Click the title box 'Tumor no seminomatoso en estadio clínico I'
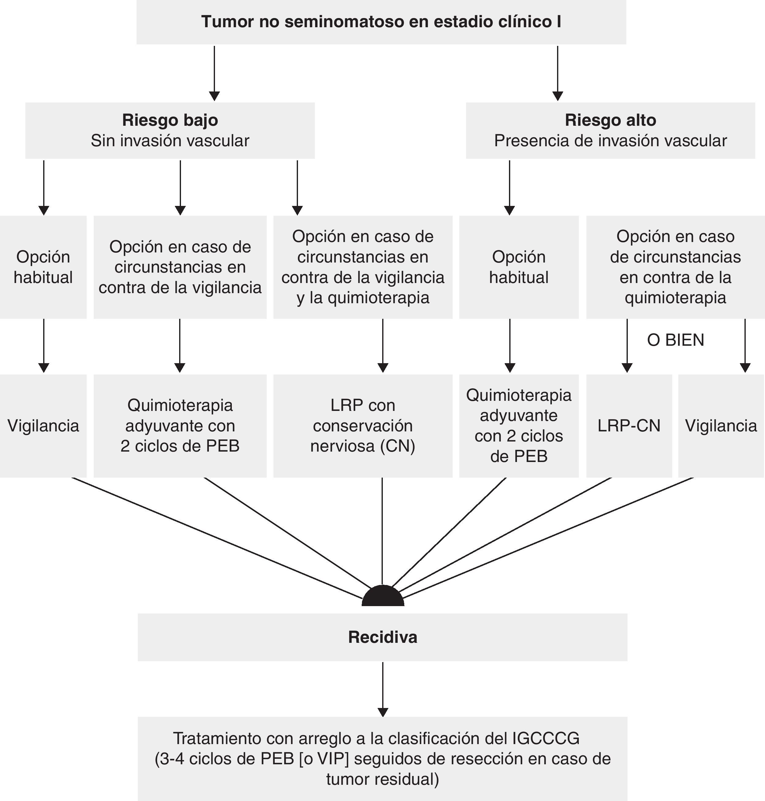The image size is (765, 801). click(381, 22)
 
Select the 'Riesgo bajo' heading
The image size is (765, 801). click(170, 120)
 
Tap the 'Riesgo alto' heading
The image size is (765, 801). click(610, 120)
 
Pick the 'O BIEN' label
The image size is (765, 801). click(675, 340)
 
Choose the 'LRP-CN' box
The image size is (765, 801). click(629, 426)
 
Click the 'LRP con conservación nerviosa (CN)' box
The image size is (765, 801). click(363, 426)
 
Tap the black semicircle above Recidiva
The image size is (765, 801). click(382, 597)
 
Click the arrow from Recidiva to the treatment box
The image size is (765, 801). click(382, 688)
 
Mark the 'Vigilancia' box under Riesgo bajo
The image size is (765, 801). click(43, 426)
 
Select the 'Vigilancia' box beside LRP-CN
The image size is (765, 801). click(721, 426)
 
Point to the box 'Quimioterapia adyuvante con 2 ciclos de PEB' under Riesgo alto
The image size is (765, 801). click(519, 426)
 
